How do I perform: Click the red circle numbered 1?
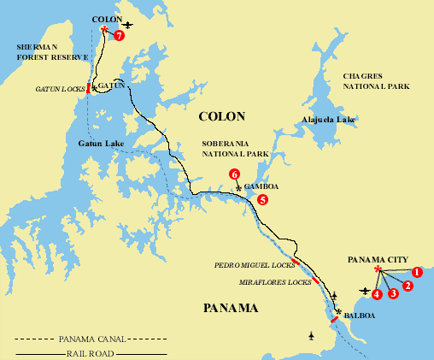[417, 272]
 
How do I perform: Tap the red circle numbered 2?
[408, 285]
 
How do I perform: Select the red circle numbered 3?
[393, 293]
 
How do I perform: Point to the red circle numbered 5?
[262, 199]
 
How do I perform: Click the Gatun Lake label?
[101, 143]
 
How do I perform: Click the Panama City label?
[378, 258]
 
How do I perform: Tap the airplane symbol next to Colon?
[128, 25]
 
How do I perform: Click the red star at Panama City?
[378, 269]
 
